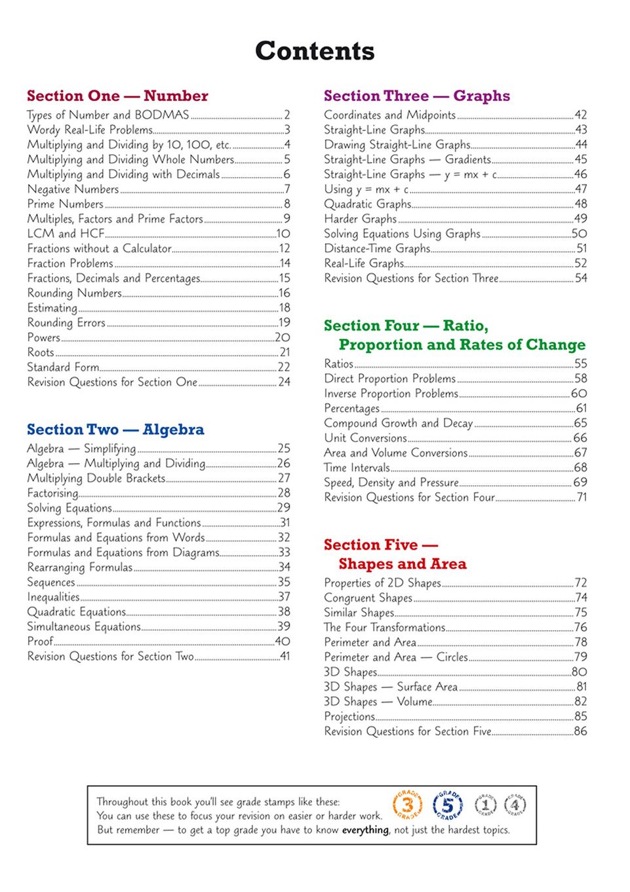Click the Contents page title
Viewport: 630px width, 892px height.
[x=315, y=51]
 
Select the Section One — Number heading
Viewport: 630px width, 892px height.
[x=117, y=96]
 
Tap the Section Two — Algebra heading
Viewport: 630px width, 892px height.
[x=115, y=430]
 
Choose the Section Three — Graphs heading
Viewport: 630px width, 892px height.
[x=416, y=96]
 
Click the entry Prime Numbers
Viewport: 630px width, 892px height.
[x=65, y=204]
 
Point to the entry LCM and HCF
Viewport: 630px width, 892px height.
[x=66, y=233]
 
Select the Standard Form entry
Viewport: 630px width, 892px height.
[x=63, y=367]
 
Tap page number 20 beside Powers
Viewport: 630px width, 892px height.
[x=283, y=337]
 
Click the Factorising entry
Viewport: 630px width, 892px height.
[x=52, y=493]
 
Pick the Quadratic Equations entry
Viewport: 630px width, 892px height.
[x=76, y=612]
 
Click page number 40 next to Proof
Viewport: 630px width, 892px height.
[x=283, y=641]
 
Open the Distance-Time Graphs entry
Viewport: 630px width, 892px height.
[x=377, y=249]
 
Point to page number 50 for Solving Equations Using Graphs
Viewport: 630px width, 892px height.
[x=580, y=233]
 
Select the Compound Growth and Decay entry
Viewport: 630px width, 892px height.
[x=398, y=423]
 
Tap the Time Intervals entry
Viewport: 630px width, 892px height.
[x=357, y=468]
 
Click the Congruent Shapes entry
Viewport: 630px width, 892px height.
[x=368, y=598]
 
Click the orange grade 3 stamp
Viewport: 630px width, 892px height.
[x=407, y=805]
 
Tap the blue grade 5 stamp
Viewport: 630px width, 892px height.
[x=448, y=805]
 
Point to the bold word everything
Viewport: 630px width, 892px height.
[x=364, y=830]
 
